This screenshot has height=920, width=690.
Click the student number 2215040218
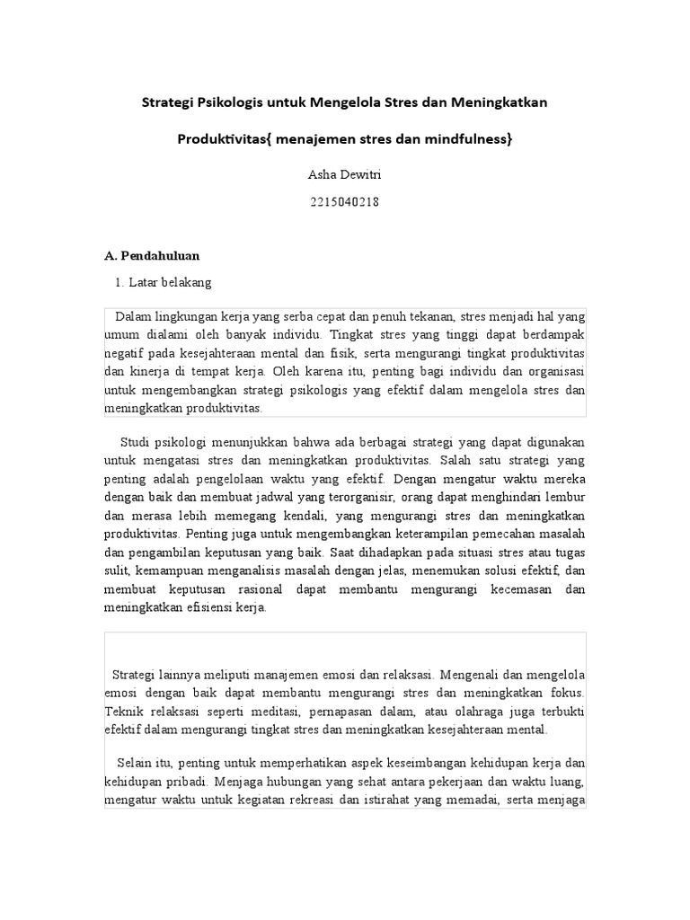(x=344, y=203)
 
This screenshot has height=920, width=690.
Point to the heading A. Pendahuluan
(x=152, y=256)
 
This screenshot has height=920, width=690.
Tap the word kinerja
(x=156, y=371)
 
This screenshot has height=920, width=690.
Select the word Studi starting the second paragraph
(x=137, y=442)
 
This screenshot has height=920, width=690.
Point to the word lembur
(x=564, y=496)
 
